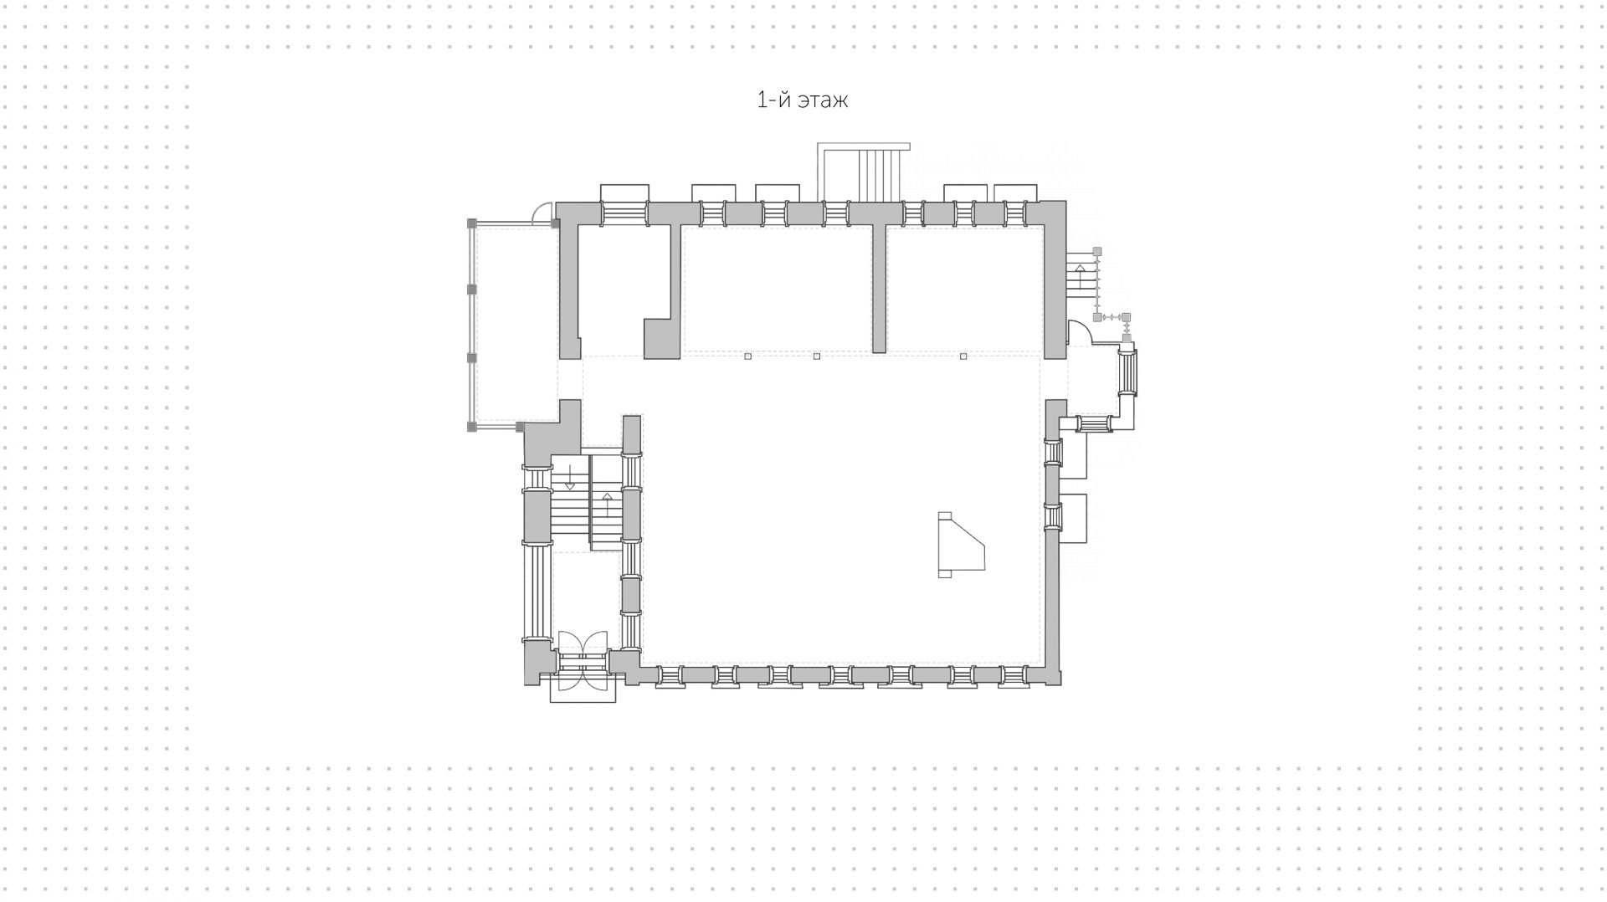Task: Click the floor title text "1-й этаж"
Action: click(802, 100)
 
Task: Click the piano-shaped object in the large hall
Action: click(959, 546)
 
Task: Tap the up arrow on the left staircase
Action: click(608, 503)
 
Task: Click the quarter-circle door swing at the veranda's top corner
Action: click(542, 214)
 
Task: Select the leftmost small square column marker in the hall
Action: click(748, 356)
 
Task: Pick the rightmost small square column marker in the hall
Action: click(963, 356)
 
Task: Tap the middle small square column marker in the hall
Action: click(817, 356)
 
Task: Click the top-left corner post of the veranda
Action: click(471, 223)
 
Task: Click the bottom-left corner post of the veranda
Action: click(471, 427)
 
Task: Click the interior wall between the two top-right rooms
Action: click(879, 289)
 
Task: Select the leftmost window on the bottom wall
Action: click(670, 677)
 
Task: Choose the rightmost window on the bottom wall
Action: click(1015, 677)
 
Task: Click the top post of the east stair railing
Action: click(1097, 251)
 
